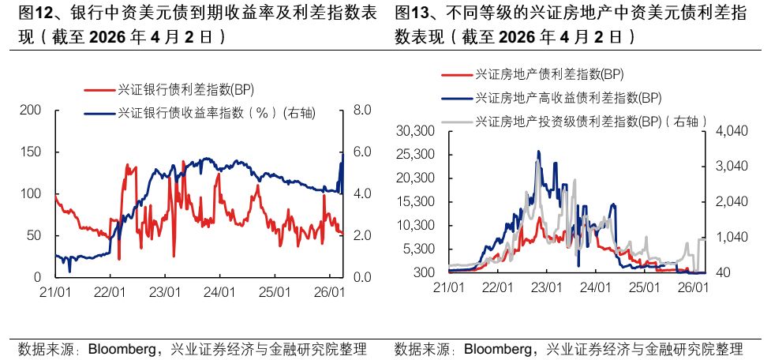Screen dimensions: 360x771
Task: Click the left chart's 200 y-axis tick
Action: coord(30,110)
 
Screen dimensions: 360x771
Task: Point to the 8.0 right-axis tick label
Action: coord(361,110)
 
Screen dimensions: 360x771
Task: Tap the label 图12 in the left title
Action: coord(33,13)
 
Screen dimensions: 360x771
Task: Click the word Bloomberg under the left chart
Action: coord(122,348)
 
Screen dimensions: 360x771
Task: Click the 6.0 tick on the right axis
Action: coord(361,152)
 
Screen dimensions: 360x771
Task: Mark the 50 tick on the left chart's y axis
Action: coord(33,236)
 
